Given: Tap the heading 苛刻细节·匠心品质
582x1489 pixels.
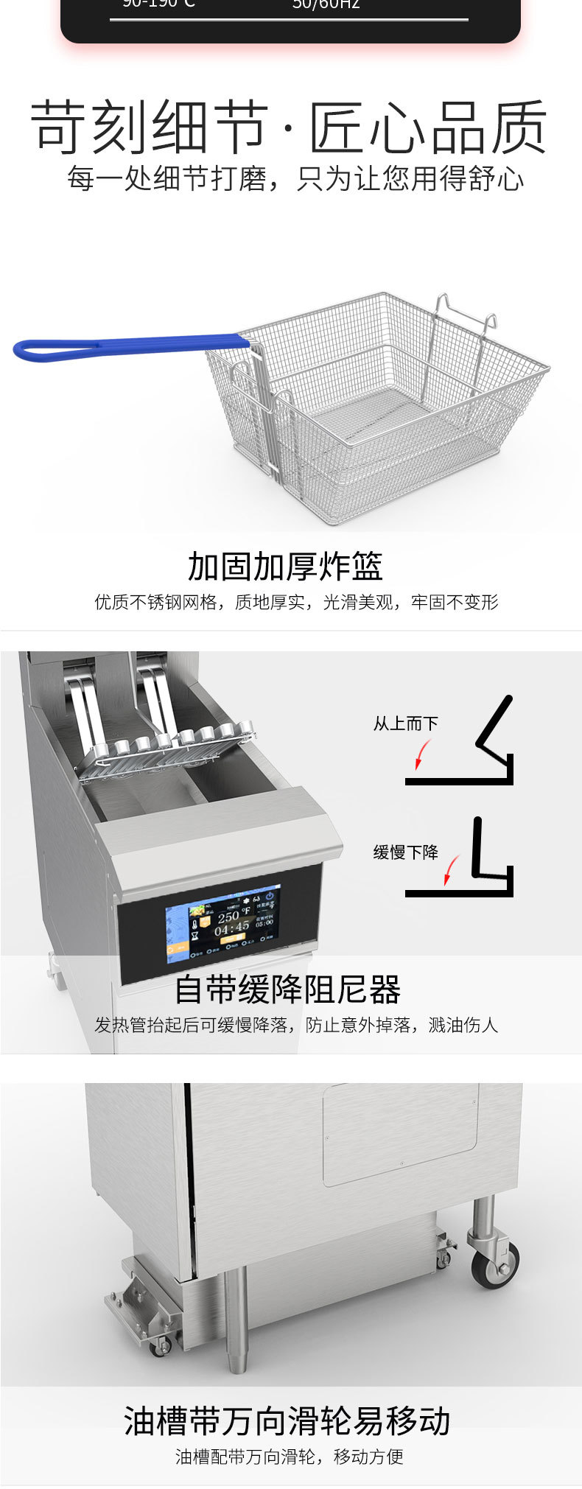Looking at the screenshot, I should tap(289, 127).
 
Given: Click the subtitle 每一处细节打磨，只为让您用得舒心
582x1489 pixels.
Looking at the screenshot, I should tap(295, 178).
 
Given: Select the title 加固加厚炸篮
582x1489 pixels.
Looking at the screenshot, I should tap(285, 566).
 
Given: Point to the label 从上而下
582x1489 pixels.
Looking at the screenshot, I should tap(405, 724).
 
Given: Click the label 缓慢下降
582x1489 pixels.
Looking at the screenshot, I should tap(405, 852).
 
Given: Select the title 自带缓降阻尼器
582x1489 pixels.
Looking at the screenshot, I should tap(287, 989).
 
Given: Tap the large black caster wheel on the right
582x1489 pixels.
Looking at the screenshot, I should tap(494, 1264).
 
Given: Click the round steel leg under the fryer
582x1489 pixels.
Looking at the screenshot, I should tap(236, 1319).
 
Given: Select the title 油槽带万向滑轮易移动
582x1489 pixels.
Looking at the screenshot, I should tap(287, 1420).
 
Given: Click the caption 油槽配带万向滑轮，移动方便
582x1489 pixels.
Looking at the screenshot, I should tap(289, 1457).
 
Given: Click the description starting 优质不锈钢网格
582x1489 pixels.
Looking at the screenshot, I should tap(296, 602).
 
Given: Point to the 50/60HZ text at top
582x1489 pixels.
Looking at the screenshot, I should tap(326, 5).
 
